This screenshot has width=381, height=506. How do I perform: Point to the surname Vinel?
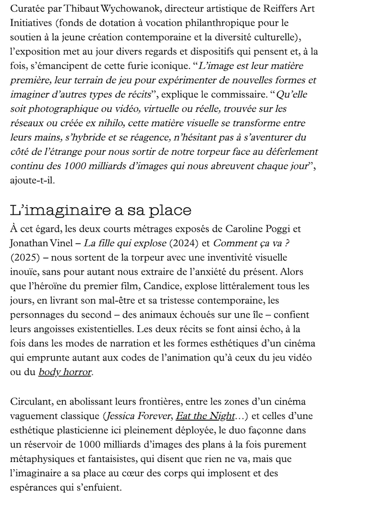65,244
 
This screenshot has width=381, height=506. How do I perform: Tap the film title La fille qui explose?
124,244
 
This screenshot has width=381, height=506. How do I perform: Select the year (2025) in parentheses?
25,258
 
